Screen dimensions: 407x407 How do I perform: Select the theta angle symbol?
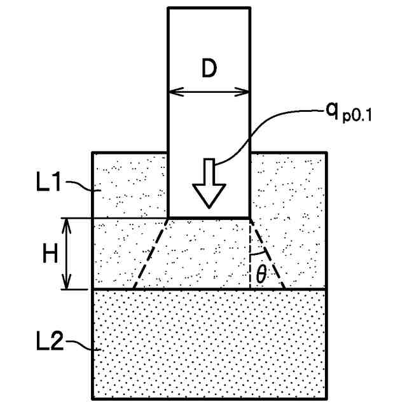(x=261, y=275)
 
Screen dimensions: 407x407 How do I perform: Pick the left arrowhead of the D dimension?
(x=173, y=91)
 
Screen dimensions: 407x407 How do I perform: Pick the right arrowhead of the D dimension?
(x=245, y=91)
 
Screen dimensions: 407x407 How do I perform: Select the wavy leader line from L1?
(x=81, y=186)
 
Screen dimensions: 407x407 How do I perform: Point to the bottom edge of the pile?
(x=209, y=218)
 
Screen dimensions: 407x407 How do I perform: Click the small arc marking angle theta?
(x=259, y=254)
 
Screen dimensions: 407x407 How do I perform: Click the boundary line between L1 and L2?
(x=209, y=290)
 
